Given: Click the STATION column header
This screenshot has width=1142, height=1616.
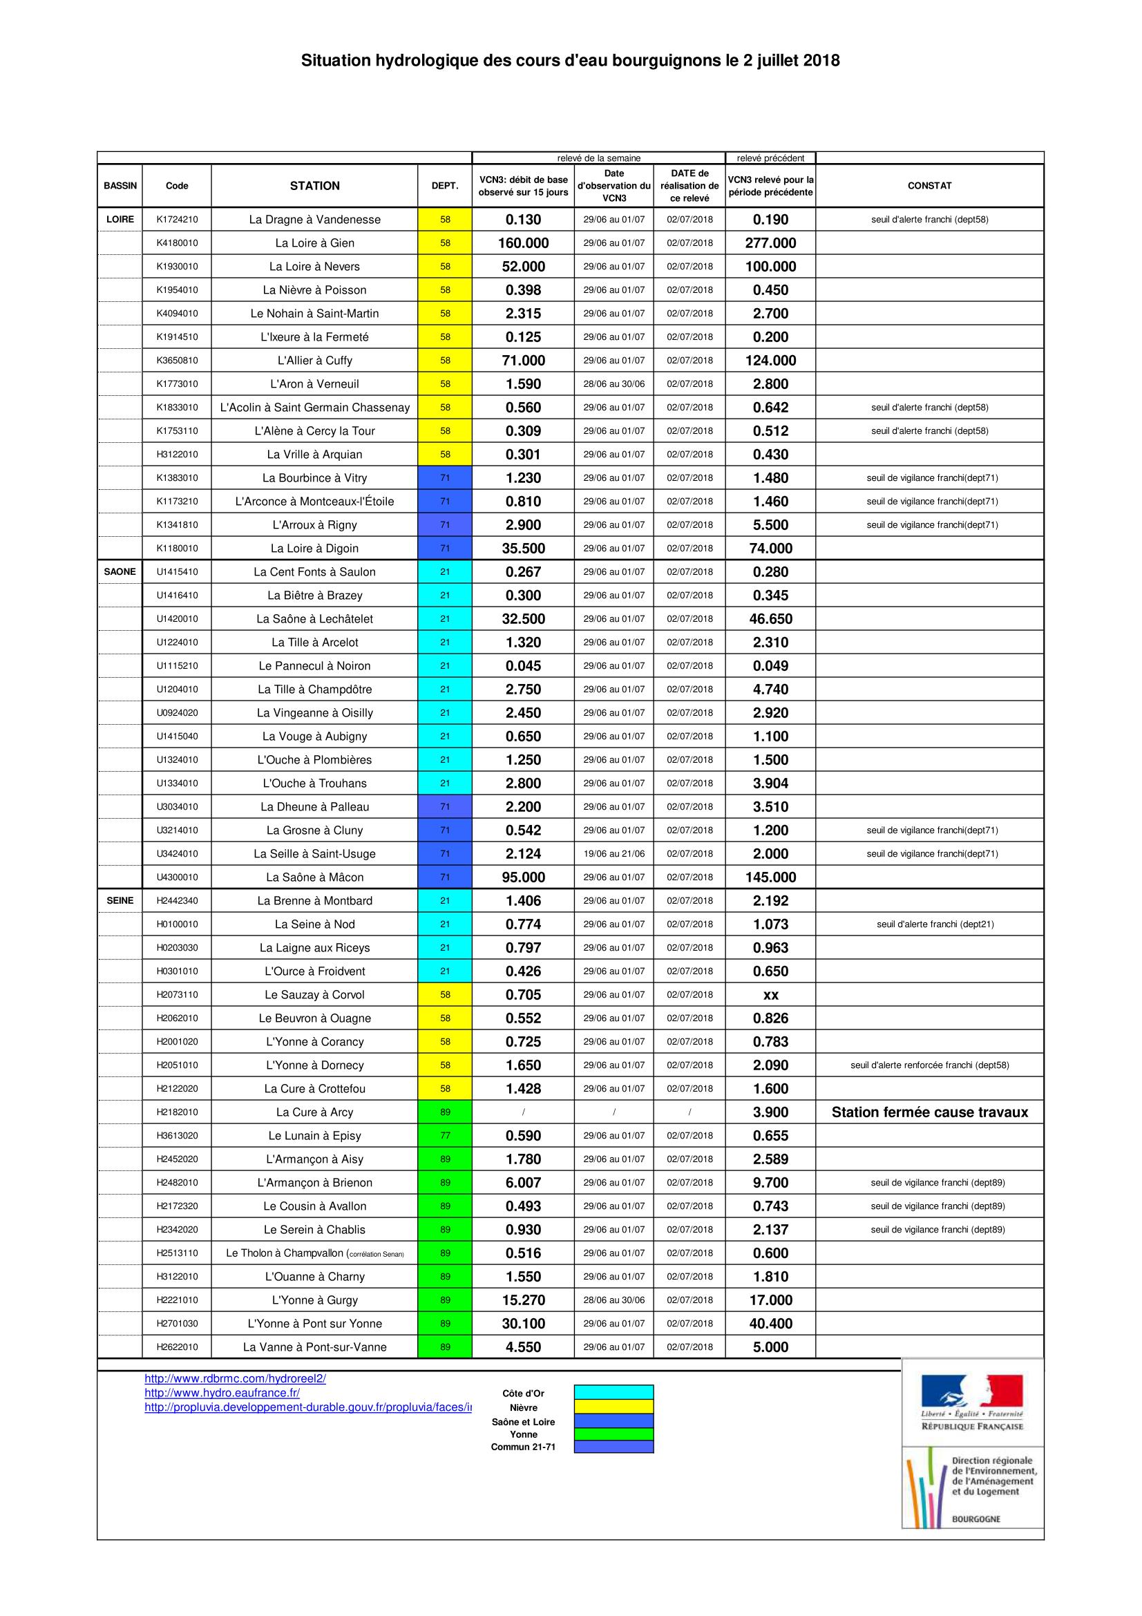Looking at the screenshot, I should pos(314,186).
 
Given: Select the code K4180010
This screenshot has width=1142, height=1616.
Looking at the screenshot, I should pos(177,243).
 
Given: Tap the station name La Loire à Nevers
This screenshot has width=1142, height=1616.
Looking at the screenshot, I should pos(314,267).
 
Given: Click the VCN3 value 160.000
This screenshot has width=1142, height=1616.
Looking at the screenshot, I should pos(524,243).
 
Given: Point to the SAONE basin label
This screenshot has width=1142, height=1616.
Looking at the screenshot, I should pos(120,571).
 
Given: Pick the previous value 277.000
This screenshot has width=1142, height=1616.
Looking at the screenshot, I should pos(770,243).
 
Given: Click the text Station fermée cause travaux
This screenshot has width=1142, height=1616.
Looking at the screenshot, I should pos(929,1112).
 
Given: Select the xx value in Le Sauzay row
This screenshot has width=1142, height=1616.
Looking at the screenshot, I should pos(770,994).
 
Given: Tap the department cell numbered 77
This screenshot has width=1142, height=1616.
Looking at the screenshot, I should pos(445,1135).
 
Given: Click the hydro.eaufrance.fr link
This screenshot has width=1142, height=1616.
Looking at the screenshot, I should pos(222,1392).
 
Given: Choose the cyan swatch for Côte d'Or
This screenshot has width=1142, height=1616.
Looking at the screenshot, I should pos(613,1391).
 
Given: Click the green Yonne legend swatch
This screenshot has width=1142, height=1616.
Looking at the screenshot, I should pos(613,1434).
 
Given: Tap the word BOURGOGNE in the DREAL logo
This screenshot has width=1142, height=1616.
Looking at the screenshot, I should pos(976,1519).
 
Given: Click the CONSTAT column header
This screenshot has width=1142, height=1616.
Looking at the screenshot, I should pos(929,186).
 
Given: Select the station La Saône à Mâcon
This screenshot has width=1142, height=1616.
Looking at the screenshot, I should pos(314,877).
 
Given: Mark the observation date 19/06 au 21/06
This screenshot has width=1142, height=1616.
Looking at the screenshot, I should pos(613,854).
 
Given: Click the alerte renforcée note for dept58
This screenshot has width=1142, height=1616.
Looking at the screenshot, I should pos(929,1065).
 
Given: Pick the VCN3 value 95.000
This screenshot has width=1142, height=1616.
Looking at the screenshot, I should pos(524,877).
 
